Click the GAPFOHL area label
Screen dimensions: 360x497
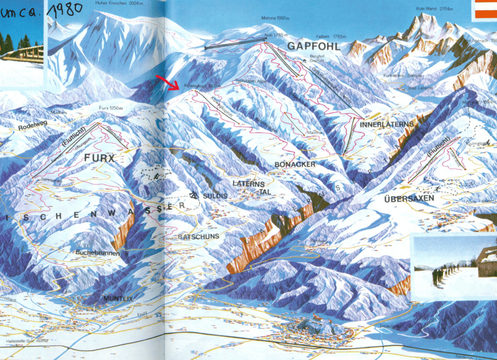pos(314,46)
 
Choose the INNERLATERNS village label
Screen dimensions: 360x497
pos(387,124)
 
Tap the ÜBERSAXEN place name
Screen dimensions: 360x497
pos(409,198)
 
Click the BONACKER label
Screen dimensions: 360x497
pos(295,165)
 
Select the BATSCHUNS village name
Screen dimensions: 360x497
pos(199,236)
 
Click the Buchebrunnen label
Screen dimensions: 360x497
pos(97,252)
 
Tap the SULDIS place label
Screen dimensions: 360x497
pos(214,195)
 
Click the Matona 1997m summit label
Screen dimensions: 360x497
pos(275,18)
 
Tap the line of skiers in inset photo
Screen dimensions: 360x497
pos(444,275)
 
